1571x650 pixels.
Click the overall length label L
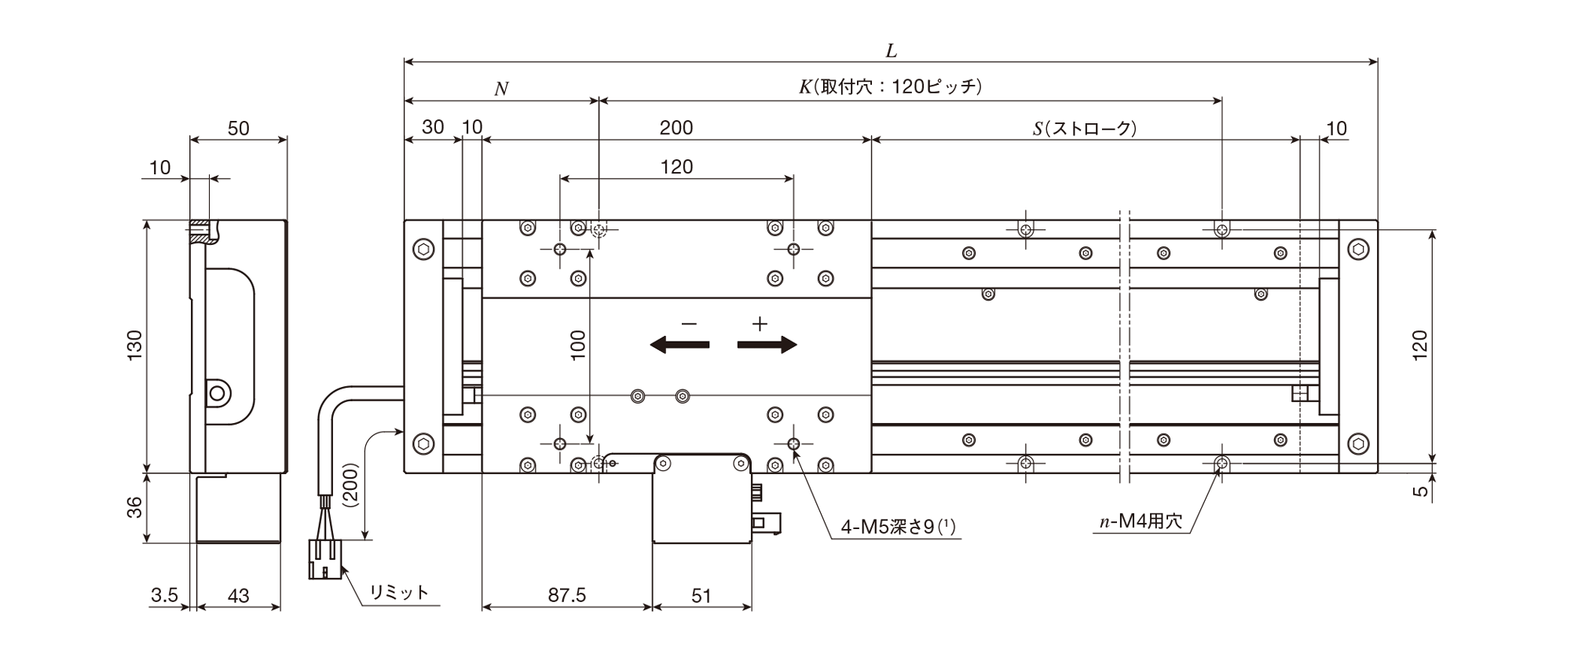pos(891,51)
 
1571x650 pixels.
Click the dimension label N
pos(501,89)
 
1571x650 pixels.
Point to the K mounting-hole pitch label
pos(891,86)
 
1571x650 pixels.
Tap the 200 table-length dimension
pos(676,128)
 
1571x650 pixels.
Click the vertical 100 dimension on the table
pos(578,345)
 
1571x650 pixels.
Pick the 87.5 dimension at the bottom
pos(567,595)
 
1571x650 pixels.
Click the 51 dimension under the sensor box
pos(701,596)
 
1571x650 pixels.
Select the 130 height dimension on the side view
pos(134,346)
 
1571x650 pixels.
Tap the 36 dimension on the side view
pos(134,507)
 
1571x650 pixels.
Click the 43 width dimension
pos(238,596)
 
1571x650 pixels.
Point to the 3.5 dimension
pos(164,596)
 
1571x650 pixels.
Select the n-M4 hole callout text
pos(1141,521)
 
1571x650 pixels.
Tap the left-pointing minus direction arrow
pos(679,345)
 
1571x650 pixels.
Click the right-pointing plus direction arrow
pos(767,345)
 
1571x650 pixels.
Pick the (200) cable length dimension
pos(351,486)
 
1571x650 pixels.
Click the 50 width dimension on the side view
pos(238,128)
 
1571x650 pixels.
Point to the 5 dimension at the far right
pos(1419,491)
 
